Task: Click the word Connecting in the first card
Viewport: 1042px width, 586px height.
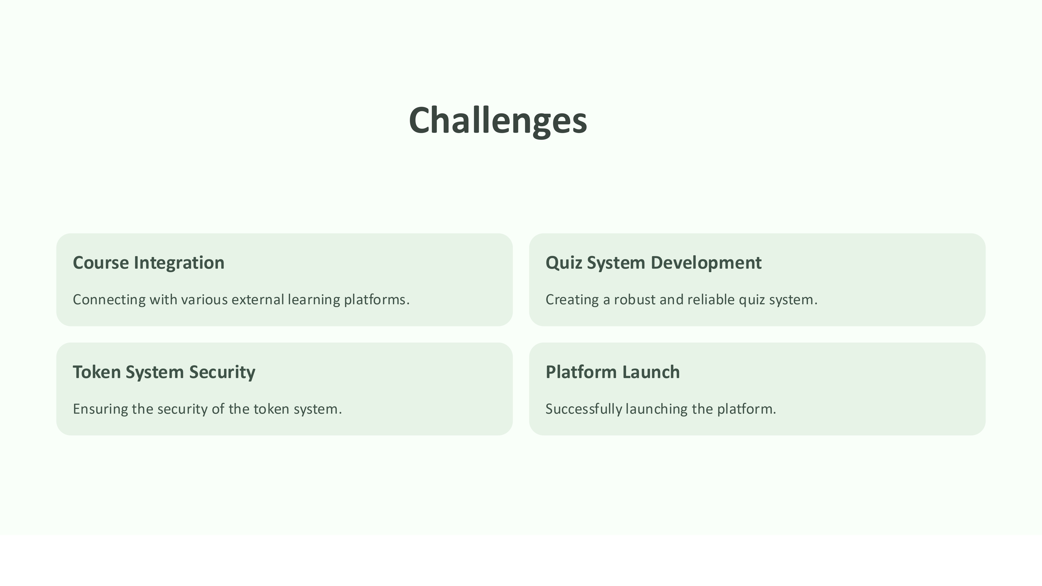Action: pos(109,300)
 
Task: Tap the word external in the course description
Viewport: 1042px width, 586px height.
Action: pos(258,300)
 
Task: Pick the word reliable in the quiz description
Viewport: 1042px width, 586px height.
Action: pos(711,300)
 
